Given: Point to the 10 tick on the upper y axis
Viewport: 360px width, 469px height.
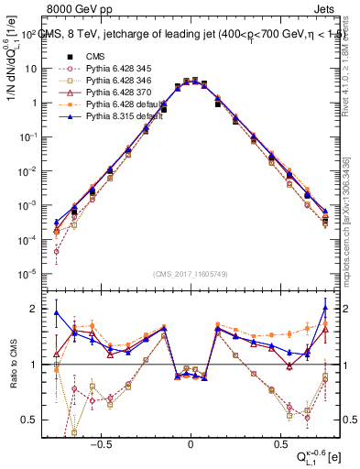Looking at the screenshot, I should (30, 69).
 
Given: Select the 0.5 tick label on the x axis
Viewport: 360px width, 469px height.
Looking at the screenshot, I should (279, 441).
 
